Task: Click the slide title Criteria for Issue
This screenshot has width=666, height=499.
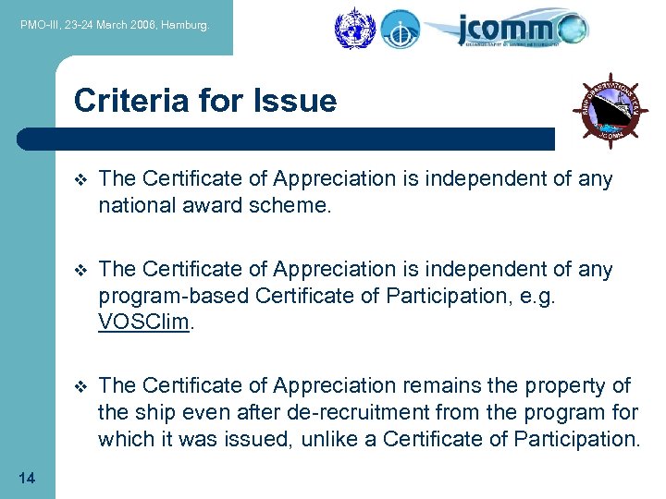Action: [205, 100]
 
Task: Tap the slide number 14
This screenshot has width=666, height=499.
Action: [27, 478]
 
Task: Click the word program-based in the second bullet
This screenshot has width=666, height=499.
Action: [174, 296]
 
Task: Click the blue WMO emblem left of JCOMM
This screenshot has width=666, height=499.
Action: [352, 29]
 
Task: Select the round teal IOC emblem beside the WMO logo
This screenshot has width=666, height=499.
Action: [400, 29]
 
